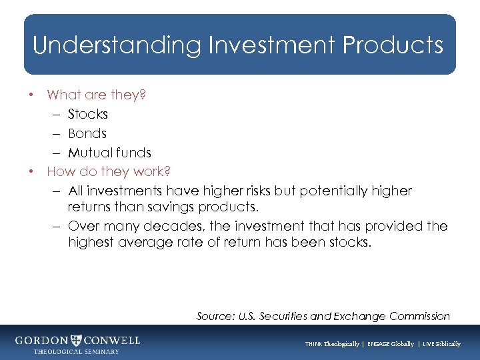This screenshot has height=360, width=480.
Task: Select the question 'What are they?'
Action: pyautogui.click(x=96, y=95)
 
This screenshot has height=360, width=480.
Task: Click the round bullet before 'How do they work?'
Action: pyautogui.click(x=31, y=171)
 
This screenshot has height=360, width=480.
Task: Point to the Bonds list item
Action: pyautogui.click(x=87, y=133)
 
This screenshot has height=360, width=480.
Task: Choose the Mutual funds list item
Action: pyautogui.click(x=109, y=153)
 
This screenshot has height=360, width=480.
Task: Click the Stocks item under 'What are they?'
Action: pyautogui.click(x=87, y=114)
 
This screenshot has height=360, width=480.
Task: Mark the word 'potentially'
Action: pyautogui.click(x=335, y=191)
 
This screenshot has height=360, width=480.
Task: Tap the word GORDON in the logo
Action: pyautogui.click(x=41, y=340)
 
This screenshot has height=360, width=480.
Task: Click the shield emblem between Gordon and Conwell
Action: pyautogui.click(x=77, y=340)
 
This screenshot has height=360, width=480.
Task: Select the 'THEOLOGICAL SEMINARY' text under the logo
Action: pyautogui.click(x=76, y=351)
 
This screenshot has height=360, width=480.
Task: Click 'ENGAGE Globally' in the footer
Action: pyautogui.click(x=387, y=344)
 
